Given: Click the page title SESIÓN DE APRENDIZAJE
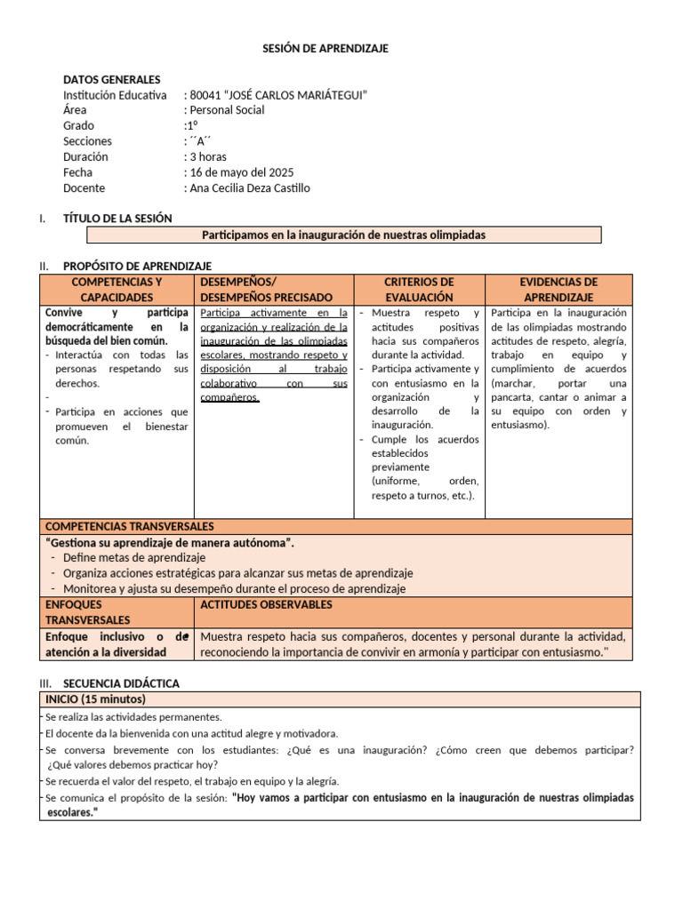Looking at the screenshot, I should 325,48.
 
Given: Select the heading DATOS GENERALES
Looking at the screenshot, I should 111,79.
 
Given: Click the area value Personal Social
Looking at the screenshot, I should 226,110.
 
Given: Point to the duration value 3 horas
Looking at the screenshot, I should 207,156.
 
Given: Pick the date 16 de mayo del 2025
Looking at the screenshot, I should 240,172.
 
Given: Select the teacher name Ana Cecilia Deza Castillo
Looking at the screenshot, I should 249,188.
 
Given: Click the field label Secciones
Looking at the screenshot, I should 87,141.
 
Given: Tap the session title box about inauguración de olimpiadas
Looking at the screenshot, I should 343,235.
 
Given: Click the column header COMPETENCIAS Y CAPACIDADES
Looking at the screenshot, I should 117,290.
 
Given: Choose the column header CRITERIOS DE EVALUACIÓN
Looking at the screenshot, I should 419,290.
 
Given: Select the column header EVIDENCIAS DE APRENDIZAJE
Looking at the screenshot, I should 558,290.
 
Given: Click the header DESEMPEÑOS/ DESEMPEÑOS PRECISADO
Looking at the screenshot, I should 267,290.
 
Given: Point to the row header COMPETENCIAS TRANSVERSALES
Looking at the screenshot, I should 129,526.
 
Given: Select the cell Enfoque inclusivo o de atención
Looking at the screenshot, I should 117,644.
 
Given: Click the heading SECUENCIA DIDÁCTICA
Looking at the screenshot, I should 121,683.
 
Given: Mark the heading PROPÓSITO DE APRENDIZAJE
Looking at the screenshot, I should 137,266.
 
